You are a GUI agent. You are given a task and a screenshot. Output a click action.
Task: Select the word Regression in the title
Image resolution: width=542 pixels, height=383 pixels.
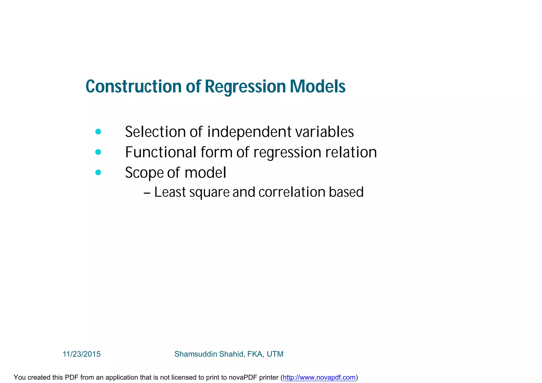pyautogui.click(x=245, y=87)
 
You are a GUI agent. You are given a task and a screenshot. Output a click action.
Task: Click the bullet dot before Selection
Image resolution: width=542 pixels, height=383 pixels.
pyautogui.click(x=98, y=132)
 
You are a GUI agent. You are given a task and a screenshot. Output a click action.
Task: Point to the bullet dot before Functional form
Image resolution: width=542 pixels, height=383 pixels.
pyautogui.click(x=98, y=152)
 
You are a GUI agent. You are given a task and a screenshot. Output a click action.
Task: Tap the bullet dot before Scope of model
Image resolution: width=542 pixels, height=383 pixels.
pyautogui.click(x=98, y=172)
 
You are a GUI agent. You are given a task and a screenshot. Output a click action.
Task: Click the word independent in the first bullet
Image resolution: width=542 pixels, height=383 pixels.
pyautogui.click(x=249, y=132)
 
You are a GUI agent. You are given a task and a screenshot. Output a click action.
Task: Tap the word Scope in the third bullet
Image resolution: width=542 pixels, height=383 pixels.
pyautogui.click(x=144, y=173)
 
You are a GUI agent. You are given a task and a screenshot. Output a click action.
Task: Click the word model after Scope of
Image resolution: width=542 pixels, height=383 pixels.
pyautogui.click(x=205, y=173)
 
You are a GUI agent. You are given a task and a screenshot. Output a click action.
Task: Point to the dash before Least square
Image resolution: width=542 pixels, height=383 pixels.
pyautogui.click(x=147, y=193)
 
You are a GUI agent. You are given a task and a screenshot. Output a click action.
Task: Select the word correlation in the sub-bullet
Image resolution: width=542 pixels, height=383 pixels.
pyautogui.click(x=292, y=192)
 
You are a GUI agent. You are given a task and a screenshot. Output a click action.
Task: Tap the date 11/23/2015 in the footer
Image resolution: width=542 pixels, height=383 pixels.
pyautogui.click(x=82, y=354)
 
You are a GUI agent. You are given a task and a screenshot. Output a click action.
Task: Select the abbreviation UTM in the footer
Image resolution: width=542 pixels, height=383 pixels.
pyautogui.click(x=275, y=354)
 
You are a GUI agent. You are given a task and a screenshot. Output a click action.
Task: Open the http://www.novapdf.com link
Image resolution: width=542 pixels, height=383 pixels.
pyautogui.click(x=319, y=377)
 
